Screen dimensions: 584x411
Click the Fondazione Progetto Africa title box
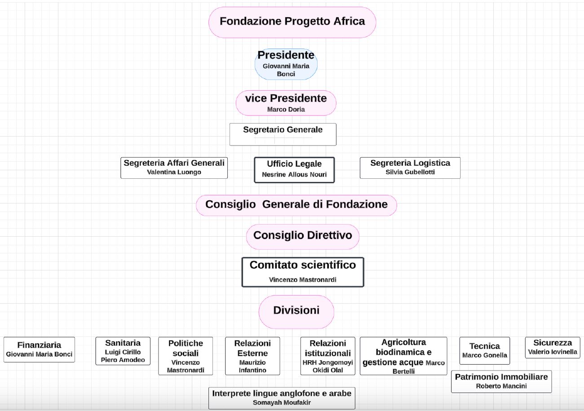(x=292, y=22)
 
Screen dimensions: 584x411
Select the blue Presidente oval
(x=286, y=64)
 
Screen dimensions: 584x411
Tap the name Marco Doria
(x=286, y=110)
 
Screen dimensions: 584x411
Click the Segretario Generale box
(x=283, y=134)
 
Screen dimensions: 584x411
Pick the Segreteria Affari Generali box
(x=174, y=168)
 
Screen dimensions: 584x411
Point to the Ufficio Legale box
(x=294, y=170)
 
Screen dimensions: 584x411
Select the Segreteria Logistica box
(x=410, y=168)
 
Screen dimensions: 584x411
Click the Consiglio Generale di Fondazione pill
(x=296, y=205)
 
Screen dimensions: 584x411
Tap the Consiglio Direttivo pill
(x=303, y=237)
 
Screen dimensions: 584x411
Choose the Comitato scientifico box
(x=303, y=272)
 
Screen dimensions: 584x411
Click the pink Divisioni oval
(x=296, y=312)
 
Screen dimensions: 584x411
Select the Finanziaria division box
(x=39, y=349)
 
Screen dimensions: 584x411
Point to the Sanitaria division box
(x=123, y=351)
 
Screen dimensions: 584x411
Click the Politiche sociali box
(x=186, y=356)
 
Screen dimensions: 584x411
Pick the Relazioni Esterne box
(x=252, y=356)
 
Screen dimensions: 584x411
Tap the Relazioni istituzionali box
(x=328, y=356)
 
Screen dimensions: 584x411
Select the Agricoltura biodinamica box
(x=403, y=356)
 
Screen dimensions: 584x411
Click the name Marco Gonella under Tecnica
(x=485, y=355)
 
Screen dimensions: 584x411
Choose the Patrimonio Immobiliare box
(x=501, y=381)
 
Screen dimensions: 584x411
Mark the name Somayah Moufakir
(x=282, y=402)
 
